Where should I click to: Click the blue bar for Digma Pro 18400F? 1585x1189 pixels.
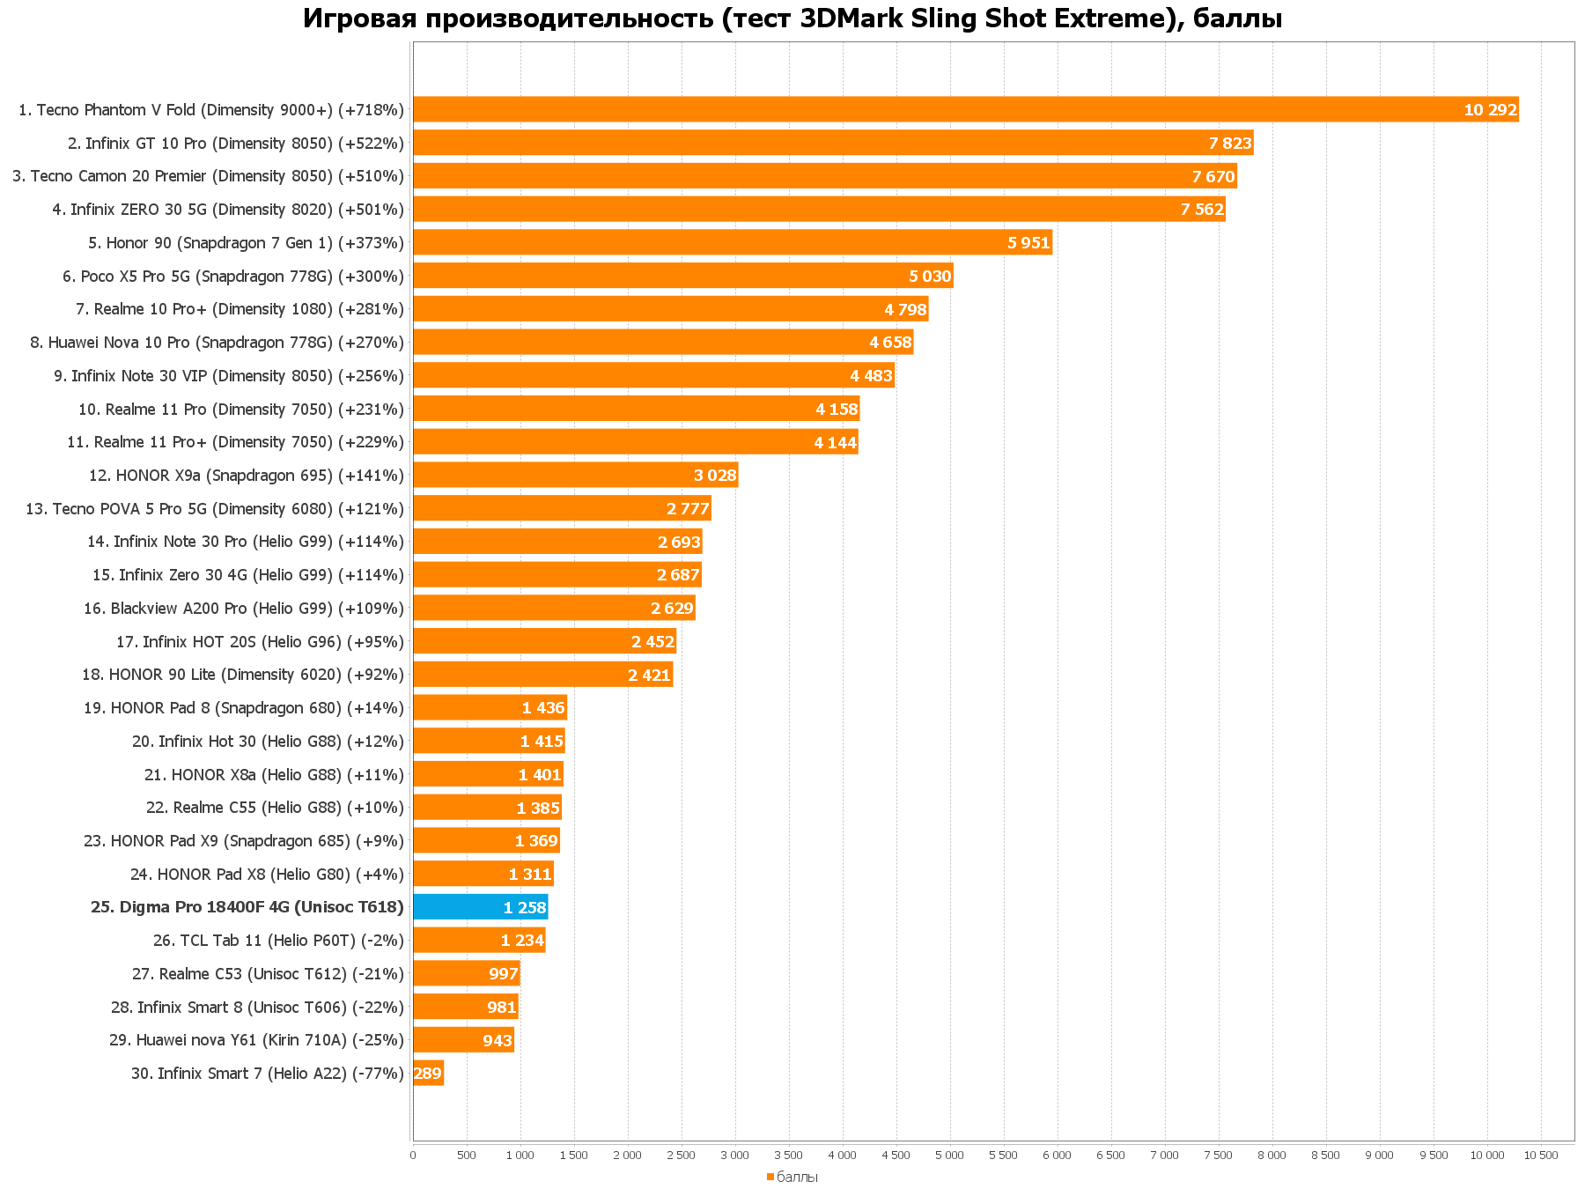(x=480, y=907)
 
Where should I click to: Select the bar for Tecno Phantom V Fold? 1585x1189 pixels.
(x=965, y=110)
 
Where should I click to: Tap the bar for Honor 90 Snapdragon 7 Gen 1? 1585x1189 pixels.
(x=732, y=242)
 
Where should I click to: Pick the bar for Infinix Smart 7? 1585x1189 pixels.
(x=428, y=1073)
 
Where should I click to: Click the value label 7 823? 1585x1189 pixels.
(x=1229, y=144)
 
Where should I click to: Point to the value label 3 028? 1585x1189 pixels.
(x=714, y=476)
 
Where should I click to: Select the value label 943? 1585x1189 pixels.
(x=497, y=1040)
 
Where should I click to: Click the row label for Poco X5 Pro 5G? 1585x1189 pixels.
(x=232, y=276)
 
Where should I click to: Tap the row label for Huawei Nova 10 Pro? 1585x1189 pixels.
(x=217, y=343)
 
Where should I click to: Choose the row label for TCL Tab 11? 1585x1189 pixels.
(x=278, y=941)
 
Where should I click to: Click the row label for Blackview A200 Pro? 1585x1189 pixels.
(x=243, y=609)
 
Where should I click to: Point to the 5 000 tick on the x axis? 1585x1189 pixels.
(x=949, y=1155)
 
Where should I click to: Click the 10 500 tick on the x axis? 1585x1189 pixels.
(x=1541, y=1155)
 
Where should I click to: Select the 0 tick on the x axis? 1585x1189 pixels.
(x=413, y=1155)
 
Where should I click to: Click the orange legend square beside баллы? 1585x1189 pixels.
(x=770, y=1177)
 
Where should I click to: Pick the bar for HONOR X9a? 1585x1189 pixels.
(x=575, y=476)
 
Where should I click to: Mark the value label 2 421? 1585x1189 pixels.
(x=649, y=676)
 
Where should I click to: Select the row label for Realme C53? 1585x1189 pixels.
(x=268, y=974)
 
